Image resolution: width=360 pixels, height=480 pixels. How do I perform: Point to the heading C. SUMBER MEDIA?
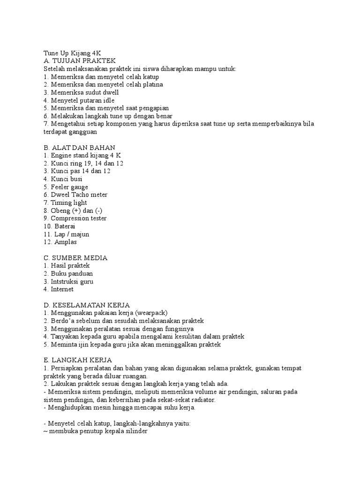coord(75,257)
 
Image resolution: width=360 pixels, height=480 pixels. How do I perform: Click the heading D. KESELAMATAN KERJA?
coord(86,305)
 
